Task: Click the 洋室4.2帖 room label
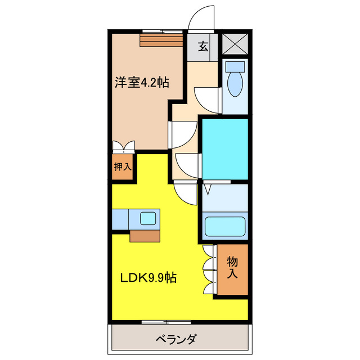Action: click(142, 83)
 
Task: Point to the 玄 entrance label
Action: click(202, 47)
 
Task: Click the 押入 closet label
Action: click(123, 167)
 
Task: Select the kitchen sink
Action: click(148, 218)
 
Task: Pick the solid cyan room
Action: click(224, 148)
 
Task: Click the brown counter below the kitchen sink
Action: click(145, 235)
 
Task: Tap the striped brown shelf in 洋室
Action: click(161, 40)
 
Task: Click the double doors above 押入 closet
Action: click(124, 147)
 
